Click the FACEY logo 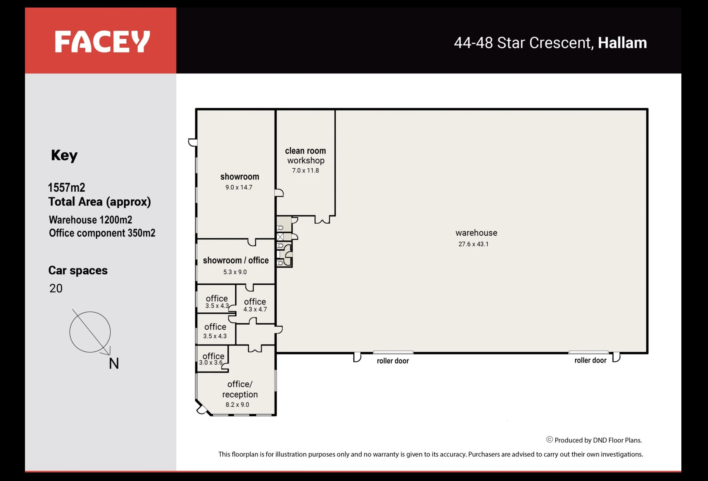click(x=102, y=41)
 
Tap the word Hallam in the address click(x=622, y=43)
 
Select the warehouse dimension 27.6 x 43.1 click(x=474, y=244)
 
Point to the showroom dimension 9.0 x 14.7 click(x=239, y=187)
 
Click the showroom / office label click(x=236, y=260)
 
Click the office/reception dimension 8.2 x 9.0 click(x=237, y=404)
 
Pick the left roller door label click(x=393, y=361)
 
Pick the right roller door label click(x=590, y=360)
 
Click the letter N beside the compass click(x=114, y=363)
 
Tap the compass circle click(x=70, y=332)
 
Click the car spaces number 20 click(x=56, y=288)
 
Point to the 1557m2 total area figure click(x=67, y=187)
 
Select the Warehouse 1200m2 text click(x=90, y=220)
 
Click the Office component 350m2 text click(x=102, y=233)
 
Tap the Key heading click(x=64, y=155)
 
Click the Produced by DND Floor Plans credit click(x=594, y=440)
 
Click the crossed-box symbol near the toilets click(x=280, y=237)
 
